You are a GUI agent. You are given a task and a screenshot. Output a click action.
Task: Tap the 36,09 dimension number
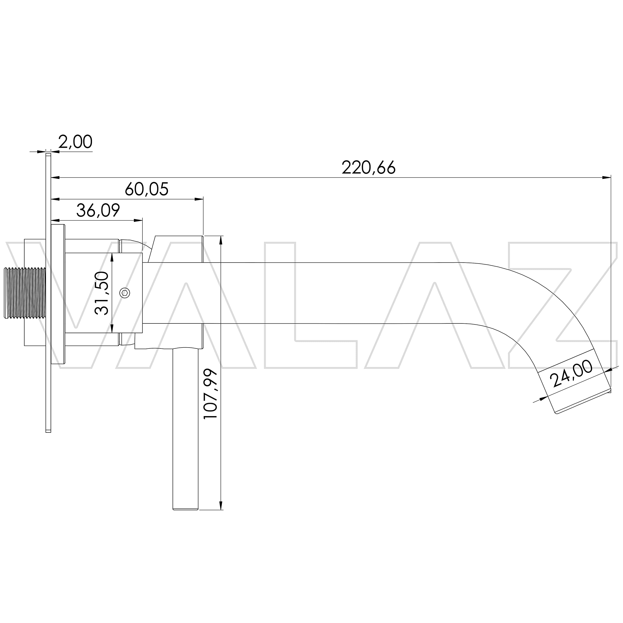point(98,210)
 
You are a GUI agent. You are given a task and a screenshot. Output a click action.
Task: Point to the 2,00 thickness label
point(75,142)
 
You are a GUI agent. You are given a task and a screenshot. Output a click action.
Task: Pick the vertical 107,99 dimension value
point(211,394)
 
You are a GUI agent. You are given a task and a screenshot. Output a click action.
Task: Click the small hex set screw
point(125,293)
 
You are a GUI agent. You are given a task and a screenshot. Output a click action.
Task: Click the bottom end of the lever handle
point(185,509)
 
